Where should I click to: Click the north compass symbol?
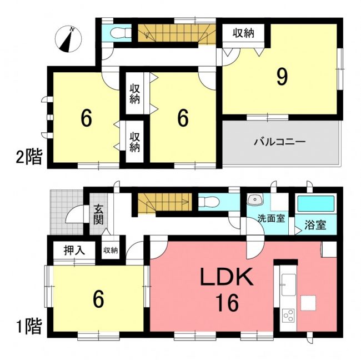pos(68,39)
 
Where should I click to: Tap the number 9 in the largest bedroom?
pos(282,77)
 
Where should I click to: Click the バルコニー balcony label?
pos(279,142)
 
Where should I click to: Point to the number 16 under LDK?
pos(227,303)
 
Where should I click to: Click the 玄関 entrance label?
pos(98,217)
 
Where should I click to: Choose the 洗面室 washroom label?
pos(271,218)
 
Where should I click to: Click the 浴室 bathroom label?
pos(315,225)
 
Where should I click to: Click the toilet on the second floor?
pos(121,33)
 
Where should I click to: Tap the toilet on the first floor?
pos(208,202)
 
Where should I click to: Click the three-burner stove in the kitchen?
pos(288,316)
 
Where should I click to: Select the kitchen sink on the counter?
pos(288,284)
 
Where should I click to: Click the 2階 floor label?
pos(29,157)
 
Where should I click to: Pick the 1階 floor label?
pos(29,326)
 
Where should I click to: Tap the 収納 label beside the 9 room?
pos(243,34)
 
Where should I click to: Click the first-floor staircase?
pos(165,202)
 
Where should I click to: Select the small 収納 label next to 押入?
pos(111,251)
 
